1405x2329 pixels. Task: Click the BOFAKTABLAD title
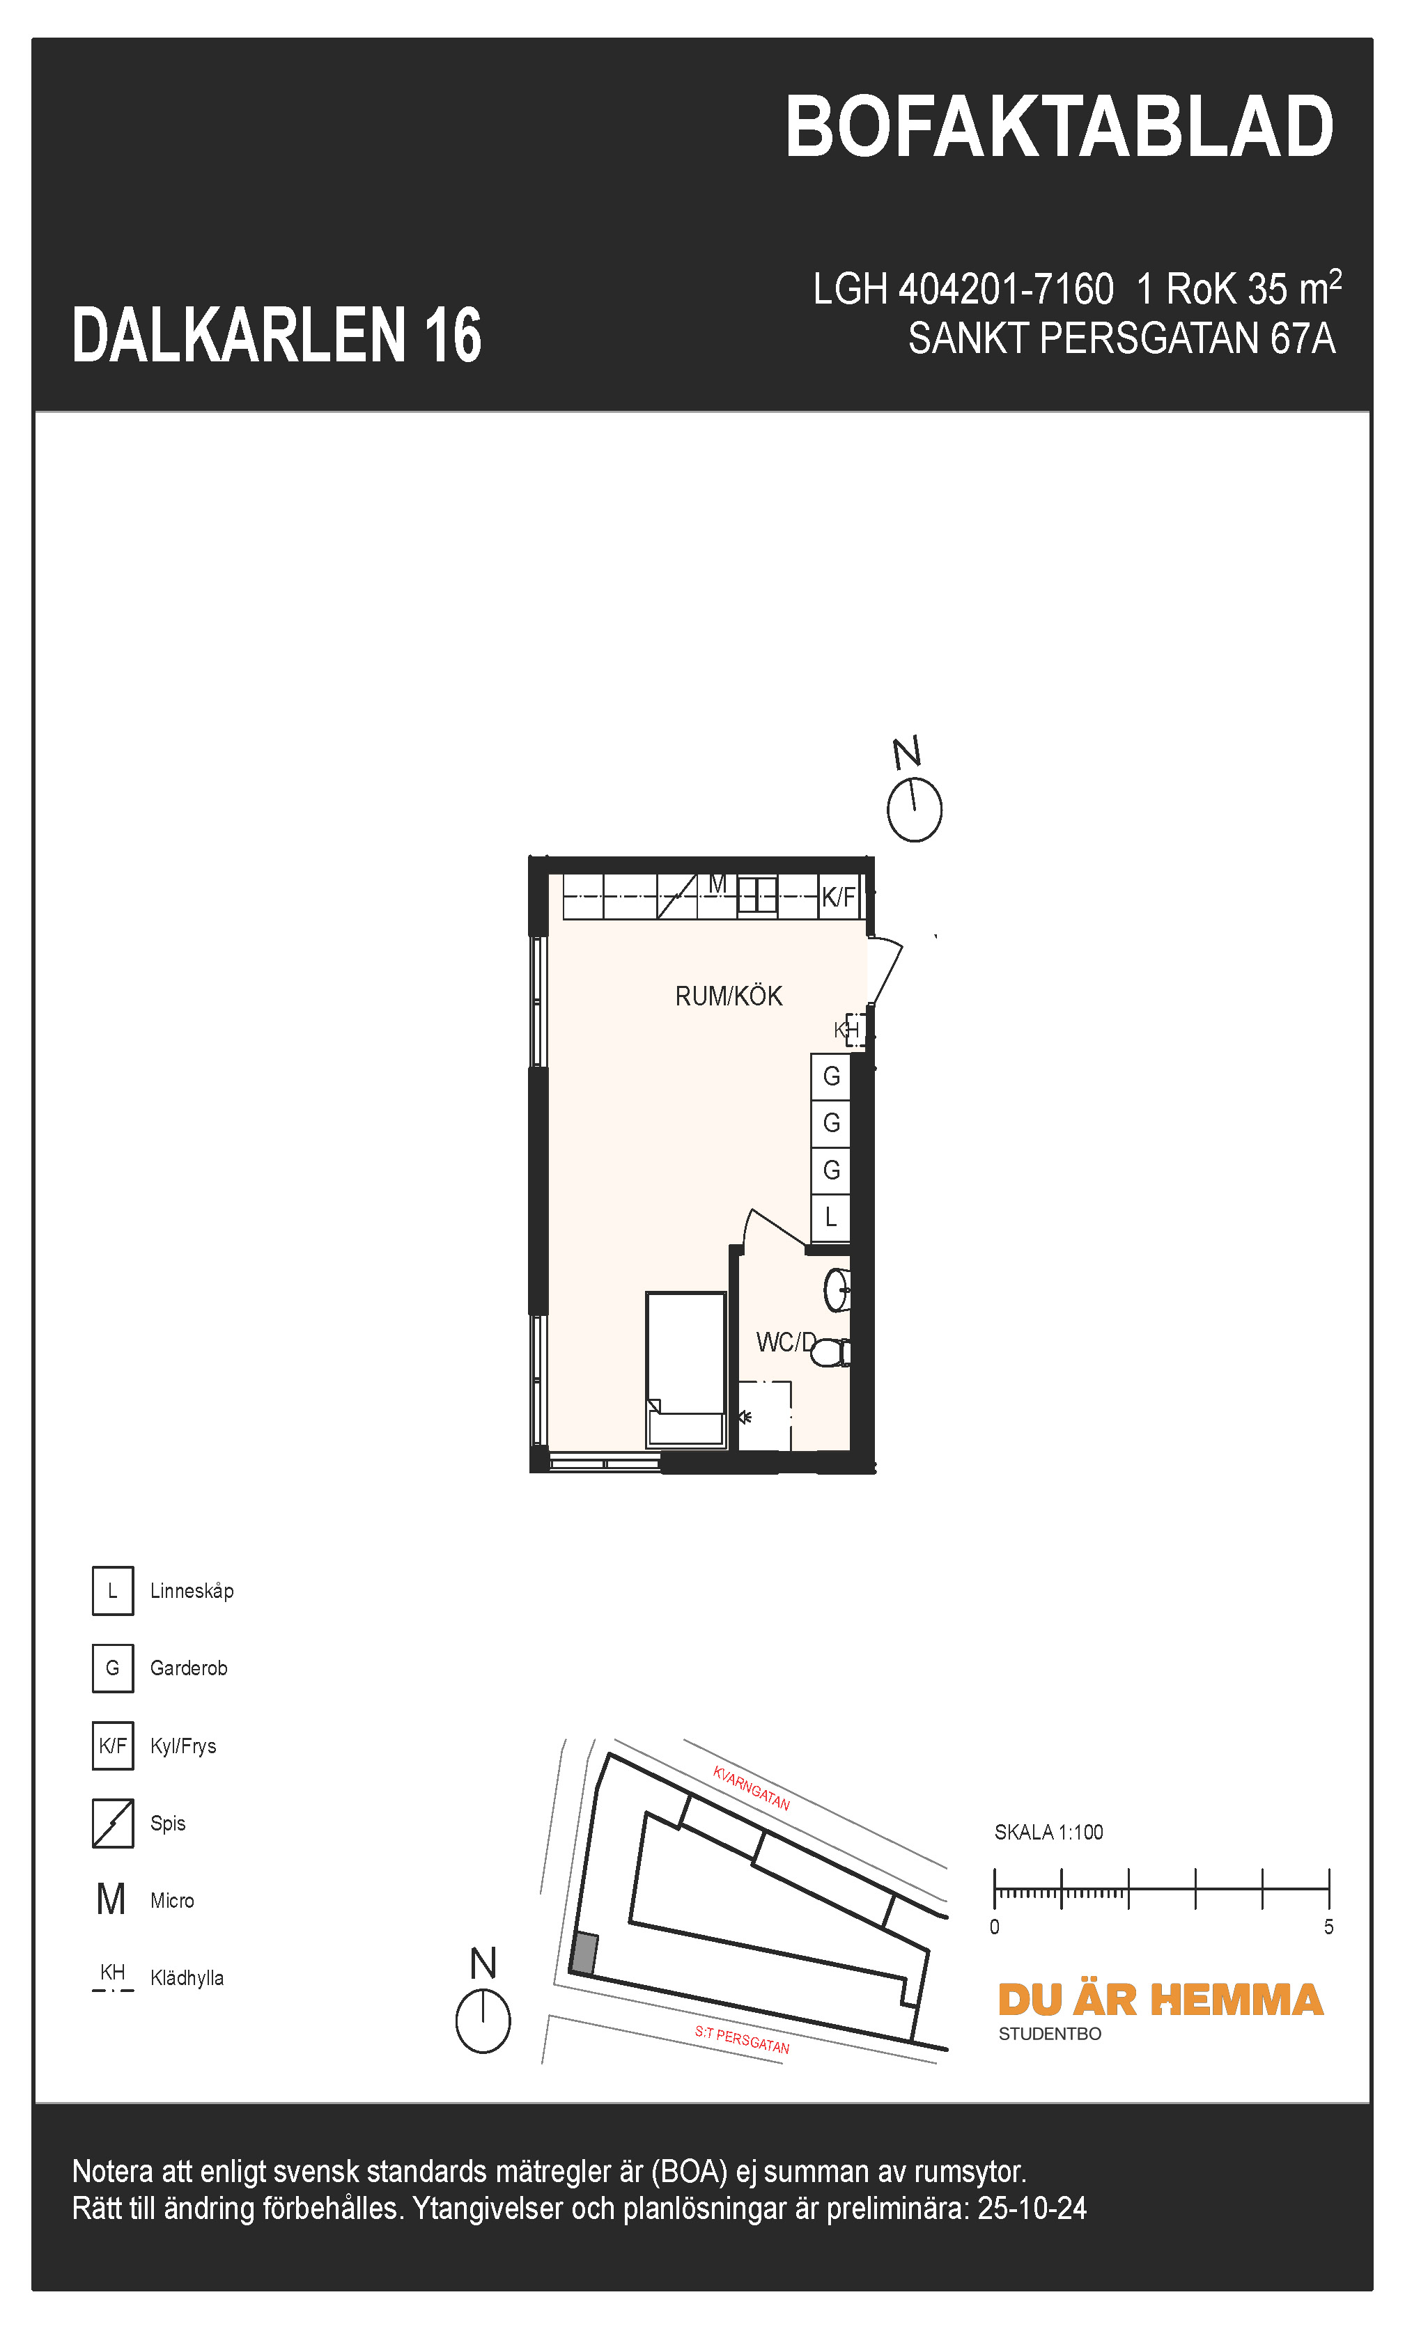click(x=1058, y=127)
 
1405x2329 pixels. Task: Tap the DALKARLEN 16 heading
click(x=276, y=336)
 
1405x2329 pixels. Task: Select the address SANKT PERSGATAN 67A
click(x=1121, y=338)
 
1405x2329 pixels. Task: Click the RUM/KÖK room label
click(x=728, y=996)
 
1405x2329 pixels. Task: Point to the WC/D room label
click(x=785, y=1342)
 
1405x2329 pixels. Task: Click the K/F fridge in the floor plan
click(x=838, y=897)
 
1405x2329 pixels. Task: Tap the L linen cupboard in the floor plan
click(x=831, y=1218)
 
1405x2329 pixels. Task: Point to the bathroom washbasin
click(x=837, y=1289)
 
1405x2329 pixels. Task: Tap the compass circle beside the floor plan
click(x=915, y=810)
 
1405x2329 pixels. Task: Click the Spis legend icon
click(x=113, y=1824)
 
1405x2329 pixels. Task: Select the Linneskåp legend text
click(x=192, y=1591)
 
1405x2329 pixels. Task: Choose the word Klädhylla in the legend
click(x=187, y=1978)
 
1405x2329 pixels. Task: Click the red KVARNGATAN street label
click(x=751, y=1787)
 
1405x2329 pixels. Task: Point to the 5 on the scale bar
click(x=1328, y=1927)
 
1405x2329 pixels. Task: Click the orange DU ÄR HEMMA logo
click(x=1160, y=2000)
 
